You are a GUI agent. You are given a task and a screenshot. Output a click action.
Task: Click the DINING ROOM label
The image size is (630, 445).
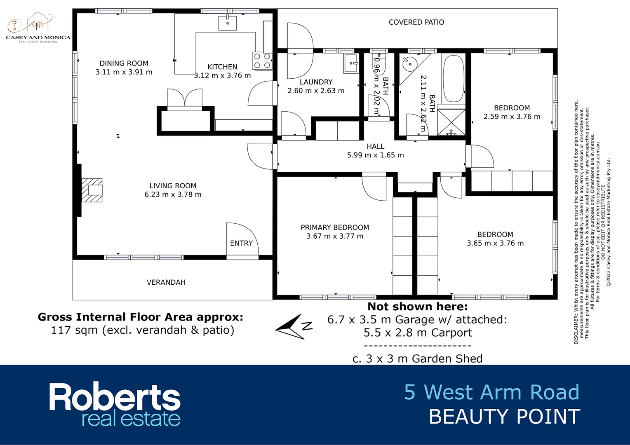[124, 63]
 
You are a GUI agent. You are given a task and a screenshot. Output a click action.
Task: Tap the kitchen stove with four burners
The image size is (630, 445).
[262, 61]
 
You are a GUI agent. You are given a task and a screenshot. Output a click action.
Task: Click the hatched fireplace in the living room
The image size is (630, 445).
[92, 190]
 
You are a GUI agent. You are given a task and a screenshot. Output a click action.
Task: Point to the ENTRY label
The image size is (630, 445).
[241, 244]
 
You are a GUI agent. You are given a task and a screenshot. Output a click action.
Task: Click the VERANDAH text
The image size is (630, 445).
[166, 282]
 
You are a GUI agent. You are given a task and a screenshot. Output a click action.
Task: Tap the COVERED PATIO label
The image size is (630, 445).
[416, 22]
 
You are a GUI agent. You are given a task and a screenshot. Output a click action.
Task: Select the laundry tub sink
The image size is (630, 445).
[351, 63]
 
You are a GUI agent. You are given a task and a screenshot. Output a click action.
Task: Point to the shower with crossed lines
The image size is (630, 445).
[451, 122]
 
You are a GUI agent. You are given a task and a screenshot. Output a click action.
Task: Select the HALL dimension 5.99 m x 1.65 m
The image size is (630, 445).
[375, 155]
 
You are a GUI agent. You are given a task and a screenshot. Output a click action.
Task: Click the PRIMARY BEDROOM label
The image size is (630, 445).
[335, 227]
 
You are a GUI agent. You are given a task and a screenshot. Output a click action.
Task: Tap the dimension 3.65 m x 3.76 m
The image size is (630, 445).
[495, 244]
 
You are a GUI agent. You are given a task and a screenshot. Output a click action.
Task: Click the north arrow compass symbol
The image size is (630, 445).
[294, 327]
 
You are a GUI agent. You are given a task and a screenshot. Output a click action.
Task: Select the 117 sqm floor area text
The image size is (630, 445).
[142, 330]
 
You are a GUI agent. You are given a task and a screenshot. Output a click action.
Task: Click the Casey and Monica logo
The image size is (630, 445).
[38, 27]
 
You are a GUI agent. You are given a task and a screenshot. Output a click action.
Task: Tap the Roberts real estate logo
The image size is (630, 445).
[115, 404]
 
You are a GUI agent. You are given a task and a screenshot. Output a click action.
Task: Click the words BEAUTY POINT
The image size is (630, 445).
[504, 417]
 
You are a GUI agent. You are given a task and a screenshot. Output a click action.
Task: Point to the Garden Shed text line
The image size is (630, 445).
[417, 359]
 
